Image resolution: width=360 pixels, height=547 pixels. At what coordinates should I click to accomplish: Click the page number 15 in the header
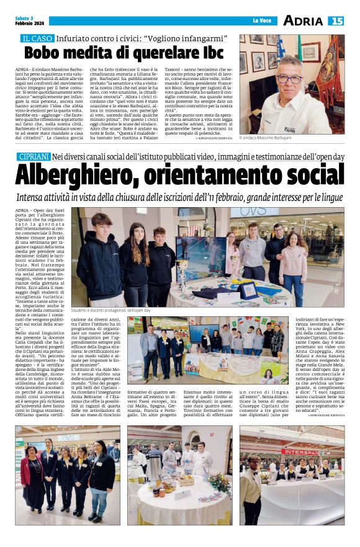point(336,20)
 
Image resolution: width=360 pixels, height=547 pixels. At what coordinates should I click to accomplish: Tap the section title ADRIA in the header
point(302,20)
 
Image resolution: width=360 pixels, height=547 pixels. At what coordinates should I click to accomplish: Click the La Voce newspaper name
point(261,21)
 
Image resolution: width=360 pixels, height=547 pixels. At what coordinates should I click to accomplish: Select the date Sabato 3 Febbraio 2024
point(25,20)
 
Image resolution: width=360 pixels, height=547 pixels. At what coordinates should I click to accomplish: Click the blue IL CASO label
point(39,38)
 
